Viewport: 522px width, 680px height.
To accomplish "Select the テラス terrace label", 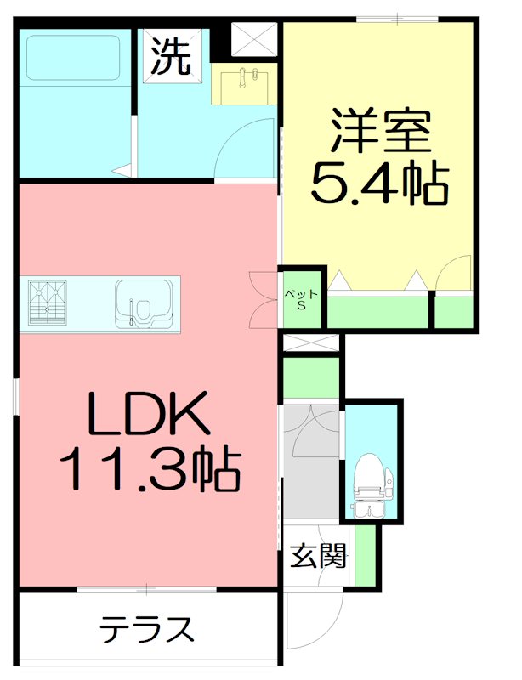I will point(146,630).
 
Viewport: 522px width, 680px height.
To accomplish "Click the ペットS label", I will point(301,300).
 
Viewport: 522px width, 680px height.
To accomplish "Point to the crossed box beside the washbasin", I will point(253,39).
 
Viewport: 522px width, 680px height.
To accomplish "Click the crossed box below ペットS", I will point(310,343).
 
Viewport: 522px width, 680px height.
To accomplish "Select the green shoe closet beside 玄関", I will point(365,557).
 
